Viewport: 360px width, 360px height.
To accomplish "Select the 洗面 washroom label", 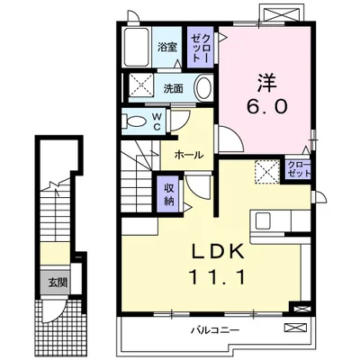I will click(174, 88).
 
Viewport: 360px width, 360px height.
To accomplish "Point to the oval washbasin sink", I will click(202, 88).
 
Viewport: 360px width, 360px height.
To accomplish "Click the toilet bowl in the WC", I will click(136, 121).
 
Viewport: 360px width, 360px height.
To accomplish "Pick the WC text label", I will click(156, 120).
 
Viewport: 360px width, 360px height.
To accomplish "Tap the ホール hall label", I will click(188, 155).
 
